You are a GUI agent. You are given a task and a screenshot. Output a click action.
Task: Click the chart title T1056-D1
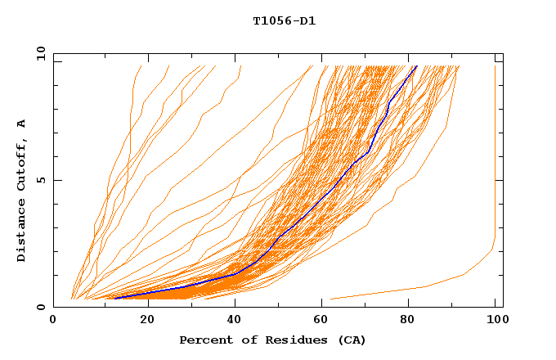point(284,20)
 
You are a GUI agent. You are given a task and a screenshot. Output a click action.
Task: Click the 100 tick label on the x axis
point(496,320)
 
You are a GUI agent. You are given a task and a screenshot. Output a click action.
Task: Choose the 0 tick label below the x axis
point(53,320)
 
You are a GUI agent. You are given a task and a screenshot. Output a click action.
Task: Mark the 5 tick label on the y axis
point(40,180)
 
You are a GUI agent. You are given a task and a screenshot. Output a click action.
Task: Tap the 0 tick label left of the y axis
point(40,307)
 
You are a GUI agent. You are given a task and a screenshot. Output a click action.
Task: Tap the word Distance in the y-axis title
point(21,231)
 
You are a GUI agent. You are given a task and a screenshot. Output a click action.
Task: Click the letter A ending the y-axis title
point(21,124)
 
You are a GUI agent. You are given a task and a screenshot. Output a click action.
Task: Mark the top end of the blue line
point(416,66)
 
